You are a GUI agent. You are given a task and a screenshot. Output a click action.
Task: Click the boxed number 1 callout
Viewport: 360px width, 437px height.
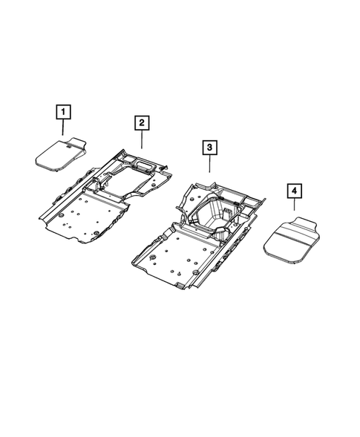(x=65, y=113)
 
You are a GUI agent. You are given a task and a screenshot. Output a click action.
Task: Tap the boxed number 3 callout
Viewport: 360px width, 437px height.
(x=211, y=149)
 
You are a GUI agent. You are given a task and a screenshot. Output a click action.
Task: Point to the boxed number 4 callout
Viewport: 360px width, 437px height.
(x=295, y=192)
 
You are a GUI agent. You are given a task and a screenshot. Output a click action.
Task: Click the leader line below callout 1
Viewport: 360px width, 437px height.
(x=65, y=128)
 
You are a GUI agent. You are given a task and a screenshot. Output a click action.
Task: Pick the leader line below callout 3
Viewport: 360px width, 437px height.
(x=211, y=165)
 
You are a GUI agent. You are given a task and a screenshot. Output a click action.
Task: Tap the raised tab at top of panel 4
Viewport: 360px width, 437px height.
(x=307, y=223)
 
